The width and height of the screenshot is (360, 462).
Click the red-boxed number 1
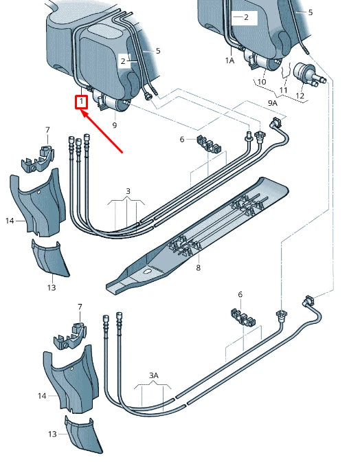click(x=82, y=102)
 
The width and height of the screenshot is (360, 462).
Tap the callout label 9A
click(x=272, y=103)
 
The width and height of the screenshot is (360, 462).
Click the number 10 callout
click(x=261, y=82)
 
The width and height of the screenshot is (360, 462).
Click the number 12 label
click(x=300, y=95)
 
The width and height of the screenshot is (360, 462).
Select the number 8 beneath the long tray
click(x=198, y=267)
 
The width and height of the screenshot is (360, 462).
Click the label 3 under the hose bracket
click(x=127, y=190)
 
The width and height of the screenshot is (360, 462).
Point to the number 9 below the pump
click(x=115, y=125)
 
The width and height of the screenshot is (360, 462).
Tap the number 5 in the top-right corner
click(x=310, y=12)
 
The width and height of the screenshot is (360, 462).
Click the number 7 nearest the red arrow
click(x=47, y=130)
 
